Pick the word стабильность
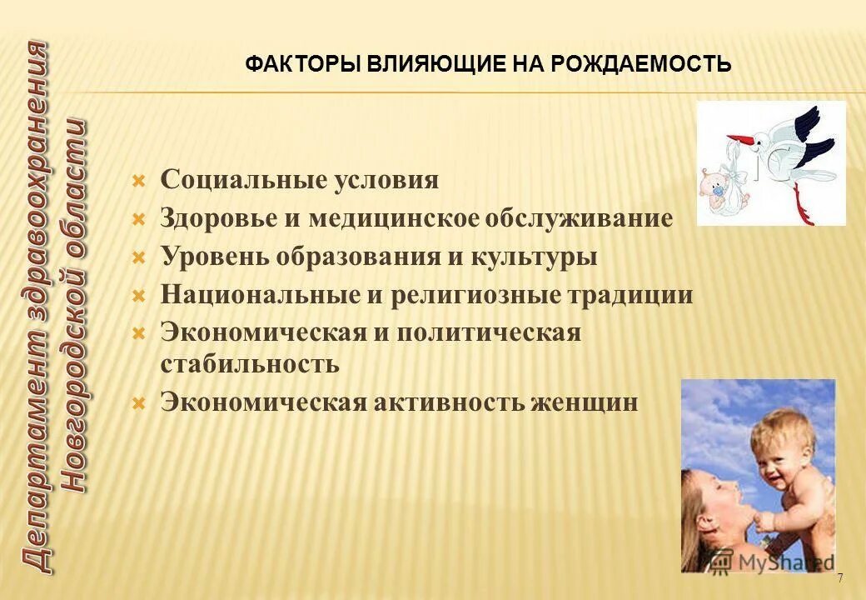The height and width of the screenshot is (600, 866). pos(250,364)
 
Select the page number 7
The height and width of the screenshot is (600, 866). pos(840,578)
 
